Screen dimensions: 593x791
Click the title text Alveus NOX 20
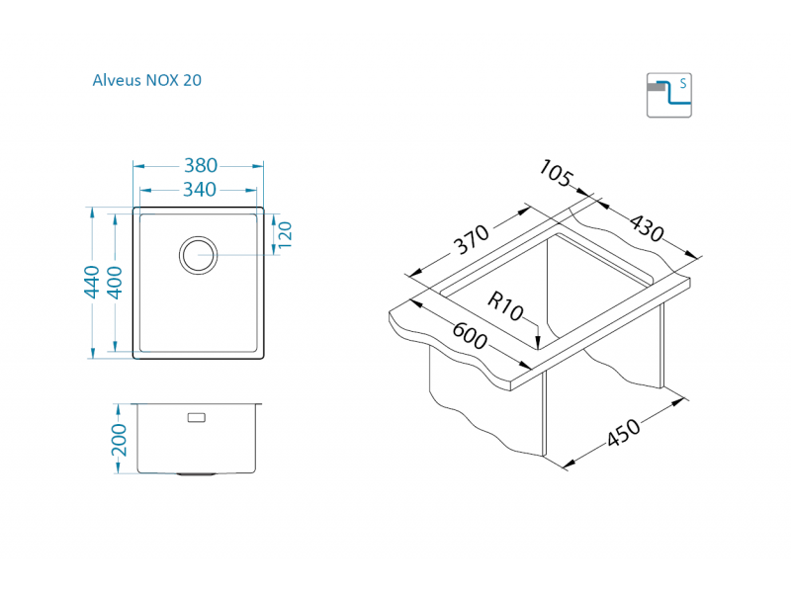146,81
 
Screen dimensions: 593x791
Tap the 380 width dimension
198,166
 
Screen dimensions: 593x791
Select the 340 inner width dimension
198,189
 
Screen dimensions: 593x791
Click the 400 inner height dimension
115,283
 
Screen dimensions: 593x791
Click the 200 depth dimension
119,438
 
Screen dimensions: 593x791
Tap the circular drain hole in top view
198,254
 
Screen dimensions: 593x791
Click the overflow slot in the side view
196,417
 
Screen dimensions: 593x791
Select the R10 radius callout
504,307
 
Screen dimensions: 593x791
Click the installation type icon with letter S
669,95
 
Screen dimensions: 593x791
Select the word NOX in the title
163,81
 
